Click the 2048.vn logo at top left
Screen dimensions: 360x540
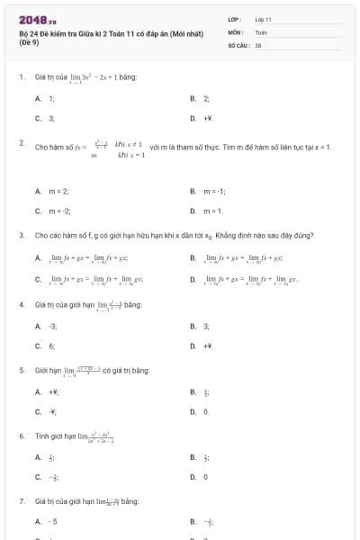(31, 19)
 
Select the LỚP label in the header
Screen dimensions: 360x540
(234, 19)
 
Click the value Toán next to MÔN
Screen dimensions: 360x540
(261, 31)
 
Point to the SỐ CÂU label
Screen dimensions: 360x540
(238, 44)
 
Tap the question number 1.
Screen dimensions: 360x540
(21, 77)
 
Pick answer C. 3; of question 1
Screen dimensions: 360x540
(45, 118)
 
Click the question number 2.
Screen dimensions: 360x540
(21, 143)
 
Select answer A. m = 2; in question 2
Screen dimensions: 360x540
(52, 192)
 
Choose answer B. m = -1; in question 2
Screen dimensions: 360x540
(207, 192)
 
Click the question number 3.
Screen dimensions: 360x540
(21, 235)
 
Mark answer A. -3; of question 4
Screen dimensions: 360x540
(46, 326)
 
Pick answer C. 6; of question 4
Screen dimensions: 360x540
(45, 346)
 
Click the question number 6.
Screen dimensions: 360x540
(21, 436)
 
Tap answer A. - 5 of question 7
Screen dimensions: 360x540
(46, 521)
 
